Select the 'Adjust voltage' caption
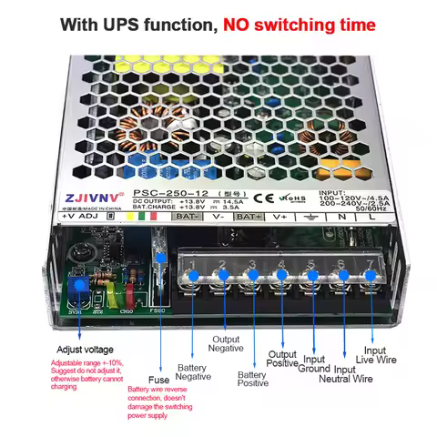click(x=85, y=349)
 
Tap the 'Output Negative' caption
click(x=226, y=342)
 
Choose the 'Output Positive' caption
click(x=282, y=360)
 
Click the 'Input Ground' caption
click(x=313, y=364)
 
